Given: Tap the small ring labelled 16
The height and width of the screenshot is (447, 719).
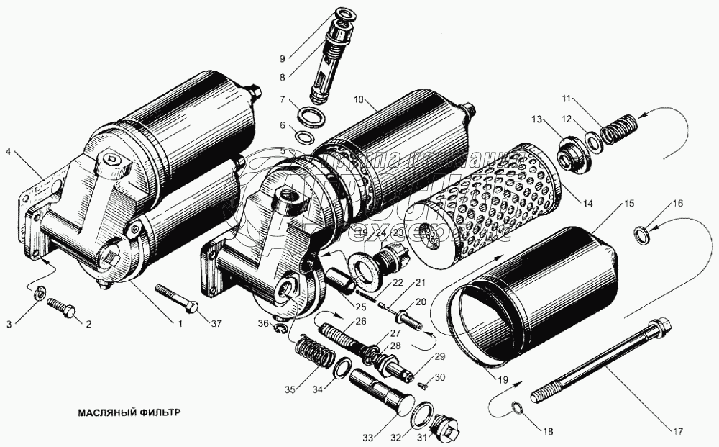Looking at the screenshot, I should click(x=640, y=233).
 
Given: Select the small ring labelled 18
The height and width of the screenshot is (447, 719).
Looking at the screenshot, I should click(x=517, y=410).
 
